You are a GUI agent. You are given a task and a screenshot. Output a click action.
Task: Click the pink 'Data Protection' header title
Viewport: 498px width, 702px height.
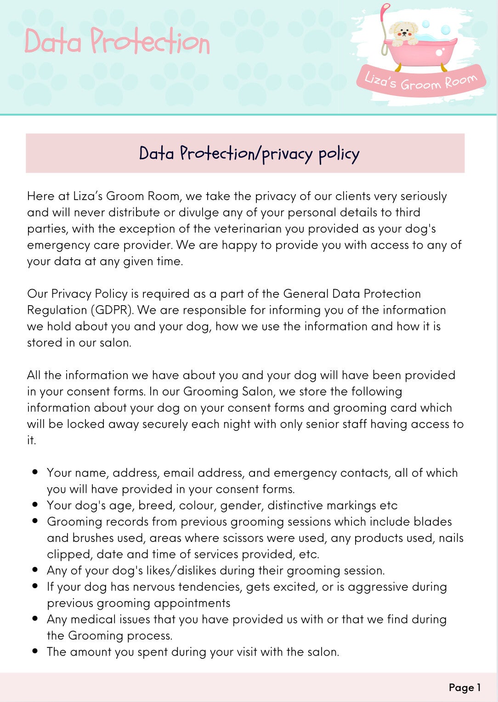[117, 42]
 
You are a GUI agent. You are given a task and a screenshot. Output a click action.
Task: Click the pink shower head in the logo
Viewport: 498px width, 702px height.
[385, 8]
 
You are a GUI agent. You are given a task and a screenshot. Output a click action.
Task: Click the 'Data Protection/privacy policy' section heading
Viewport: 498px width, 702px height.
[249, 153]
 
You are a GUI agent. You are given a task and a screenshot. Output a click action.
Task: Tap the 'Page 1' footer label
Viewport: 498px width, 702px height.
[464, 687]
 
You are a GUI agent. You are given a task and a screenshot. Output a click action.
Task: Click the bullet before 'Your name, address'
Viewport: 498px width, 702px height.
[35, 472]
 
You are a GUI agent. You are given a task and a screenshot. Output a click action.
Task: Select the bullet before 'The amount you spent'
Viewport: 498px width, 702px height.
[35, 651]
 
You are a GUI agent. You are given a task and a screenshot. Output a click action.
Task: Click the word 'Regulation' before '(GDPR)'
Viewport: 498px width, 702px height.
[57, 310]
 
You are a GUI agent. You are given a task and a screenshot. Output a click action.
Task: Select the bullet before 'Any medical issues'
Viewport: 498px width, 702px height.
[35, 618]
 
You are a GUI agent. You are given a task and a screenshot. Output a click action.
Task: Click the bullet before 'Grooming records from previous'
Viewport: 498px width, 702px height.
[35, 521]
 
